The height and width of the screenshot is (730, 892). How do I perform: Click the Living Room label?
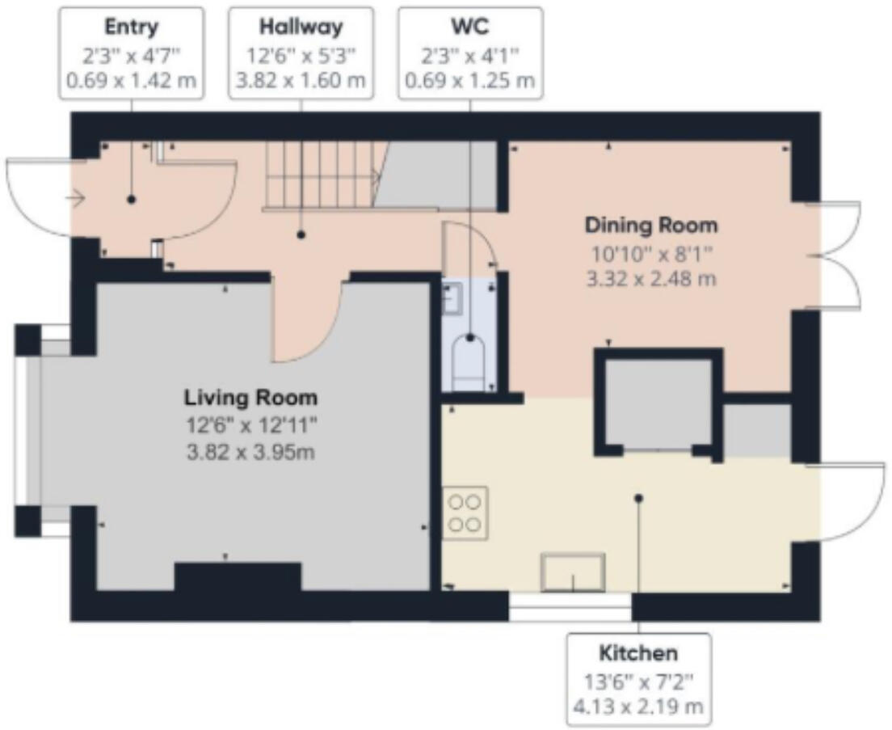point(250,398)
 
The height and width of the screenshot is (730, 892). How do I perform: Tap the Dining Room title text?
point(651,224)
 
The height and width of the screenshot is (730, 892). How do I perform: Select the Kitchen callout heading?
point(638,652)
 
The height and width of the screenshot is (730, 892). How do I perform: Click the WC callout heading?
point(469,27)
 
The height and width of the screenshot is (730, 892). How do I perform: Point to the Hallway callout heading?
point(301,27)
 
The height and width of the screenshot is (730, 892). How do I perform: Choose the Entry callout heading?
point(131,27)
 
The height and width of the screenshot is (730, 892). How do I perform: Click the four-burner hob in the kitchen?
point(465,513)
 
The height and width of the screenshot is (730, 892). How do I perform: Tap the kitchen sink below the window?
point(573,572)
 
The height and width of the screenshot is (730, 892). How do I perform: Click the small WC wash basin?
point(450,297)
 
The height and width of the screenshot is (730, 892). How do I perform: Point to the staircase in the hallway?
point(323,175)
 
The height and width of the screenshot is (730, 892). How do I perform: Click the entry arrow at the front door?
point(78,196)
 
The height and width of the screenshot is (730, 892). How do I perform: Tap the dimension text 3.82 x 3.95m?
point(250,451)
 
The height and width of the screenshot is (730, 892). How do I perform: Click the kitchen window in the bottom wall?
point(570,607)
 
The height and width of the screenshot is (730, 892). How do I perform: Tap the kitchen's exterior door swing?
point(848,503)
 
